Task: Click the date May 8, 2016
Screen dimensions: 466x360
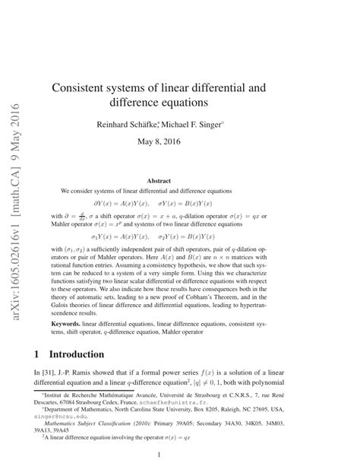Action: [x=180, y=141]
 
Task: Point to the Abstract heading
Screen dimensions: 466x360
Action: [x=180, y=181]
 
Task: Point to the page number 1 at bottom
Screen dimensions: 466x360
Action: [x=180, y=455]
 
